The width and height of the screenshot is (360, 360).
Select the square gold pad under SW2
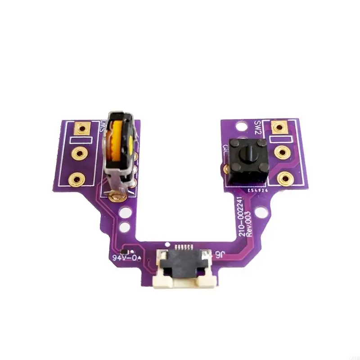(279, 128)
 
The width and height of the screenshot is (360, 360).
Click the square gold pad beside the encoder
(81, 129)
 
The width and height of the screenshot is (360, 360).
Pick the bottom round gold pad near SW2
(284, 179)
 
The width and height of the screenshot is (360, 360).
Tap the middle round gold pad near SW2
(282, 153)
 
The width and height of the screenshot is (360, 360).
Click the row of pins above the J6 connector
(183, 247)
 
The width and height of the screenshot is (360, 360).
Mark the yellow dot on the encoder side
(130, 144)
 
